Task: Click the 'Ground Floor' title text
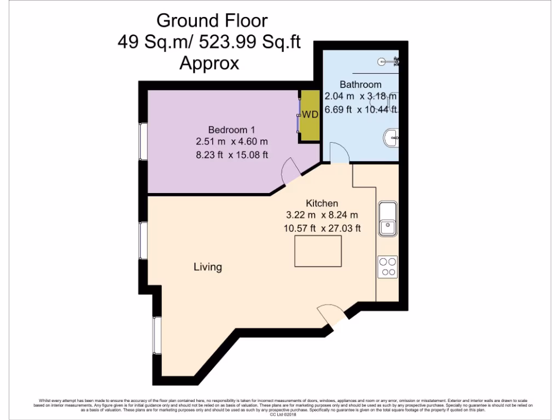click(212, 21)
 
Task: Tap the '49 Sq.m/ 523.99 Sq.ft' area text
click(209, 42)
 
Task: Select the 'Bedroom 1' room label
click(231, 130)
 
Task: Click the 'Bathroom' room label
click(360, 84)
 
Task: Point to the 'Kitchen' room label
click(322, 203)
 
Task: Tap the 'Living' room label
click(208, 267)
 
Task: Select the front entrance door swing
click(330, 314)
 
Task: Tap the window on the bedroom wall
click(143, 141)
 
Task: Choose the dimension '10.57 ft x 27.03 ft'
click(322, 228)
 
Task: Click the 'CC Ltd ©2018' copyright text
click(280, 415)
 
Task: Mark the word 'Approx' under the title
click(209, 63)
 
